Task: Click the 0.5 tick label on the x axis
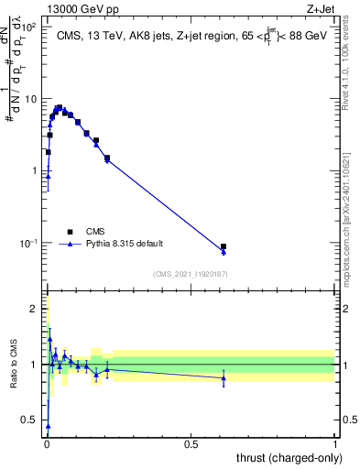pyautogui.click(x=191, y=443)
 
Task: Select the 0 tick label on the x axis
pyautogui.click(x=47, y=443)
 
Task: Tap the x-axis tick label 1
pyautogui.click(x=335, y=443)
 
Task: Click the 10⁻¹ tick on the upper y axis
pyautogui.click(x=29, y=243)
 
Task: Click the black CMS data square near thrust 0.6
pyautogui.click(x=224, y=246)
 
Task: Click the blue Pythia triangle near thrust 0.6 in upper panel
pyautogui.click(x=224, y=251)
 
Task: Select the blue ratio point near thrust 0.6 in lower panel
pyautogui.click(x=224, y=377)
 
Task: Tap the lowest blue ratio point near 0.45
pyautogui.click(x=48, y=426)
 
